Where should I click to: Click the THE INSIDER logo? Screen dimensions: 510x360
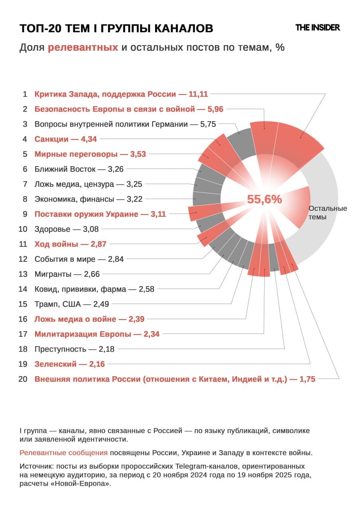coord(317,27)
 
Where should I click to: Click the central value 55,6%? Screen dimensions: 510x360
coord(264,199)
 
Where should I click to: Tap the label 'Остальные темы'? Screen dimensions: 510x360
coord(328,213)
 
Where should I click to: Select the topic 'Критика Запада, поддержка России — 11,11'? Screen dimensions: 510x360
coord(121,94)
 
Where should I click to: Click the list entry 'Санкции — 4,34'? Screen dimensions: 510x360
coord(65,139)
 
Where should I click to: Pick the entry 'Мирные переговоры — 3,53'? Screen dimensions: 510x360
coord(90,154)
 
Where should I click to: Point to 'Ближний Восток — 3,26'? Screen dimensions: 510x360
coord(79,169)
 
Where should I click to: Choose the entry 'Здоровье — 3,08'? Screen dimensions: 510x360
coord(66,229)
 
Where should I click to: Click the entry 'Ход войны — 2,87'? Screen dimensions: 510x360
coord(70,244)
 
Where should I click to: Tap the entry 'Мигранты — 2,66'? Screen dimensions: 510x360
coord(67,274)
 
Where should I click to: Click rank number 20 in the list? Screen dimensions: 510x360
coord(23,379)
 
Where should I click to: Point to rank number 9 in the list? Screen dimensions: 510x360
coord(25,214)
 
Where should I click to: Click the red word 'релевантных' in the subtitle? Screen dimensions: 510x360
coord(83,48)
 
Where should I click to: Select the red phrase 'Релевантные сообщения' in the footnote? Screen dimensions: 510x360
coord(63,453)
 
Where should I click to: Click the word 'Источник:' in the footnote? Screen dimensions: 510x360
coord(36,466)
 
